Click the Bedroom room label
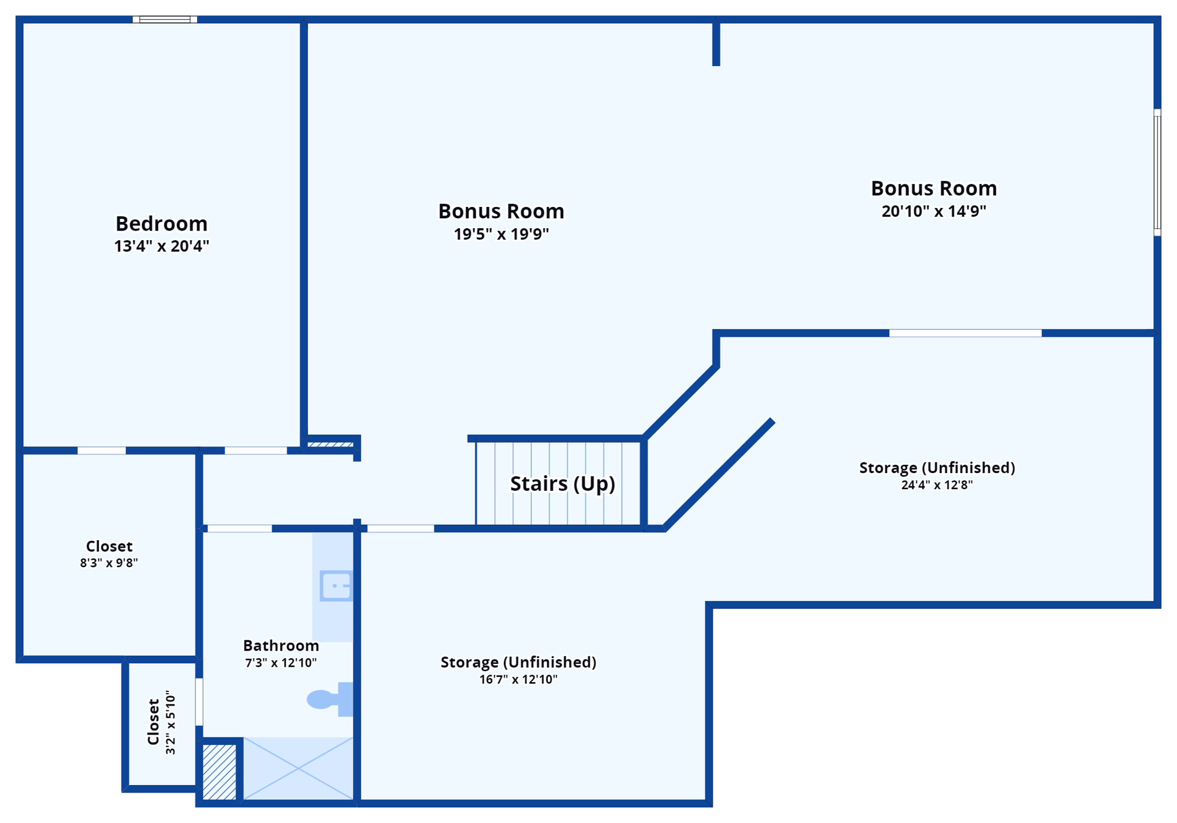(161, 224)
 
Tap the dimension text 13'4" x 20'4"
(161, 247)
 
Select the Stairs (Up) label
(563, 484)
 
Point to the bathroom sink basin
(336, 586)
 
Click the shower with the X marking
(298, 768)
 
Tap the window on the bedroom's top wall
(165, 20)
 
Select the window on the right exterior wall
(1157, 172)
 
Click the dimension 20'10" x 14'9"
(934, 211)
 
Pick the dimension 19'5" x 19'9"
(501, 234)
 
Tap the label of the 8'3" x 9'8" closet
(109, 547)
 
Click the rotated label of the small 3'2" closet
(153, 722)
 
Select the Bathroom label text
(281, 646)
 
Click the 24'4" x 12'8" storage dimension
(937, 485)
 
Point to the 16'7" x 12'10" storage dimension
(518, 680)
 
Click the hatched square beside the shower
(220, 772)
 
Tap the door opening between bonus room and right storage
(965, 333)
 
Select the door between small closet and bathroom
(199, 702)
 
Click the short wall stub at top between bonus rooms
(716, 44)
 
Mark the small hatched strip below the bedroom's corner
(330, 444)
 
